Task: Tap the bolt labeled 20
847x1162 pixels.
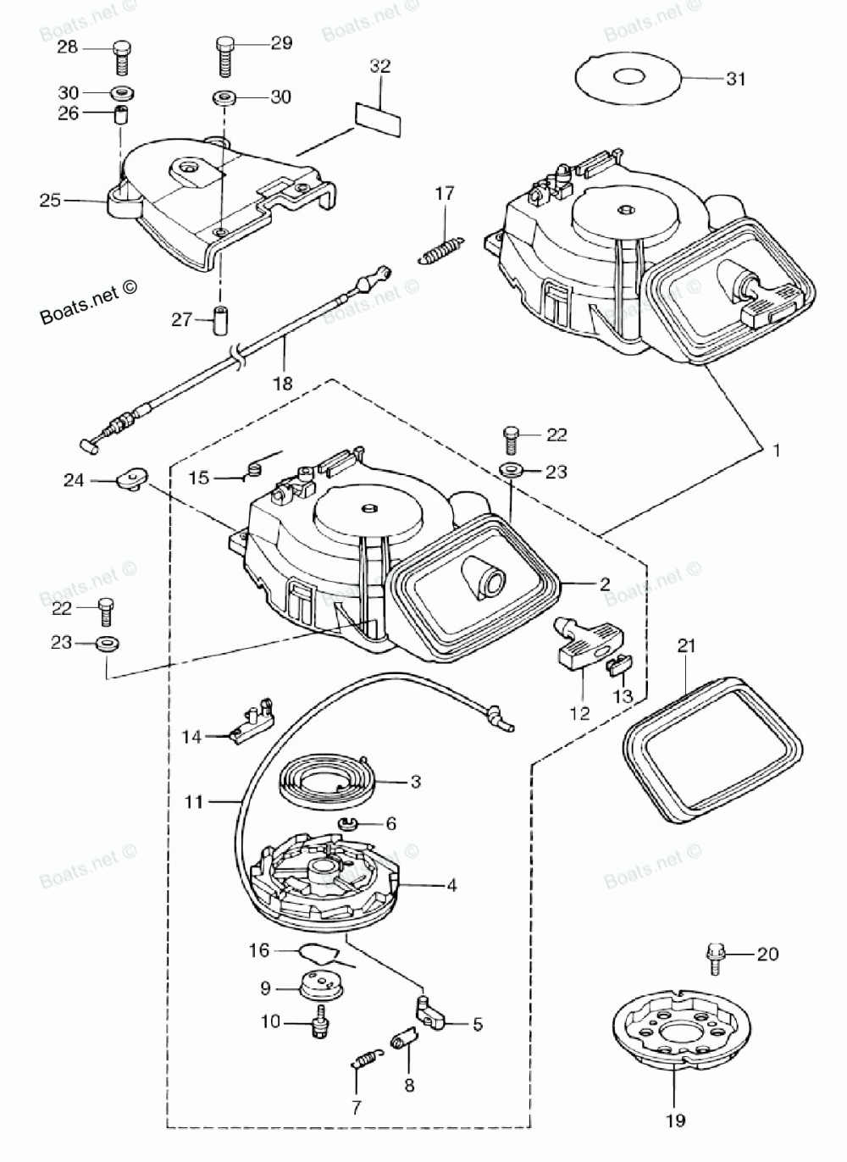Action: pyautogui.click(x=715, y=955)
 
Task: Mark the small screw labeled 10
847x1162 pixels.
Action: pyautogui.click(x=320, y=1022)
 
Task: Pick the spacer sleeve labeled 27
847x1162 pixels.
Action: pyautogui.click(x=224, y=320)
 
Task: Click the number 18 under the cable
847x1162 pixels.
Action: pyautogui.click(x=282, y=383)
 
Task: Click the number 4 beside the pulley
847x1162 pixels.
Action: pyautogui.click(x=451, y=886)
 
